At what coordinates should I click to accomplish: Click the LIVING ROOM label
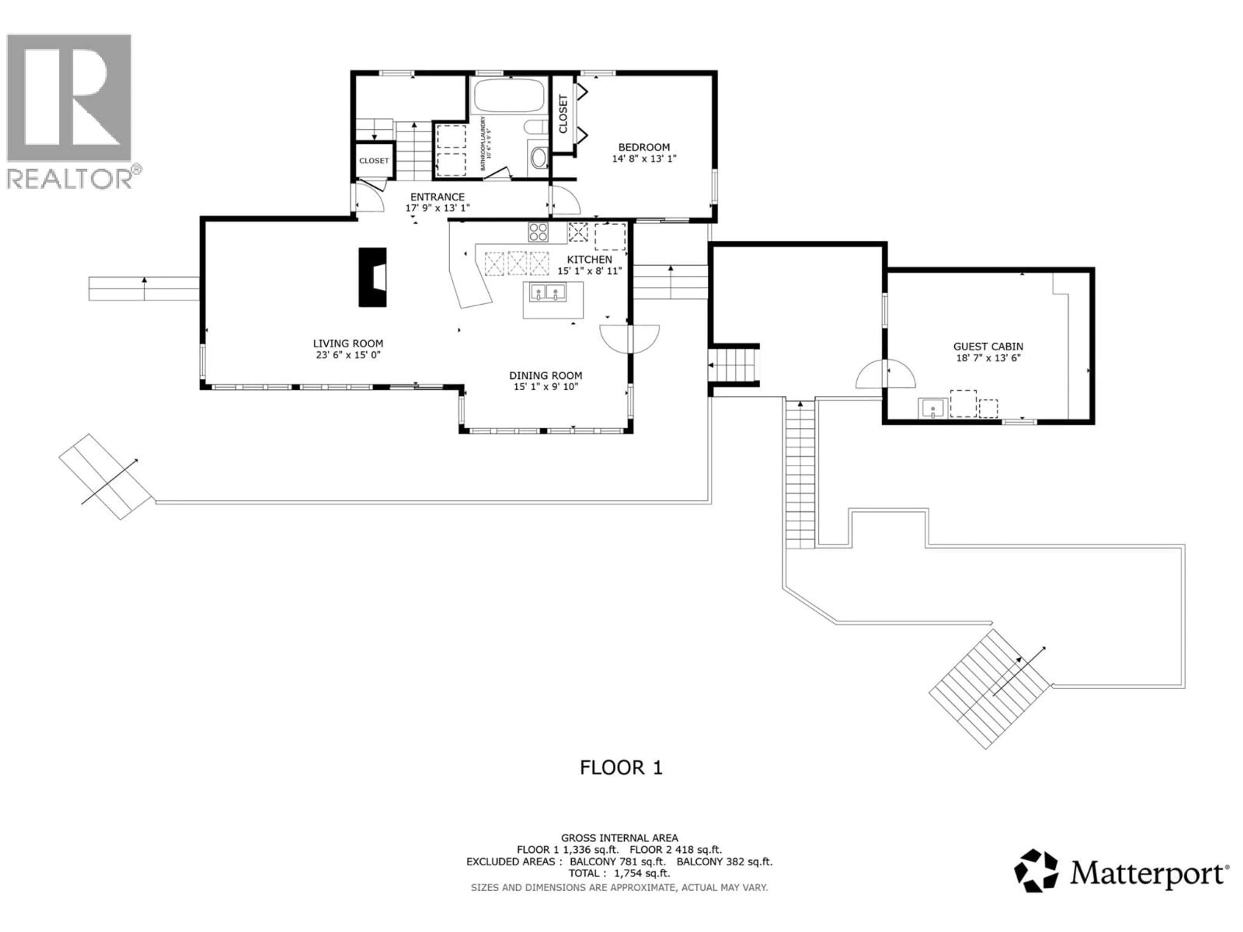(348, 343)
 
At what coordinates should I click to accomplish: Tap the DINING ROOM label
(545, 375)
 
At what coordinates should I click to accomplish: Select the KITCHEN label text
(589, 260)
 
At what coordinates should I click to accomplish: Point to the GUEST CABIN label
(988, 347)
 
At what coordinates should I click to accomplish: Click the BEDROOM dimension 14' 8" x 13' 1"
(644, 159)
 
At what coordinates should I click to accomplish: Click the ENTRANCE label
(437, 197)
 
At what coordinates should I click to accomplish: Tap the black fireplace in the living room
(372, 277)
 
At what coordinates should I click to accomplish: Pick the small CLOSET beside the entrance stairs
(374, 161)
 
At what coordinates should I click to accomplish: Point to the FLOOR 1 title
(621, 767)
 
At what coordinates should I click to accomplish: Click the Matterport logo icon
(1036, 871)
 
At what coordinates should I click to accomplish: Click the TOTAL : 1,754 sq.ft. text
(619, 873)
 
